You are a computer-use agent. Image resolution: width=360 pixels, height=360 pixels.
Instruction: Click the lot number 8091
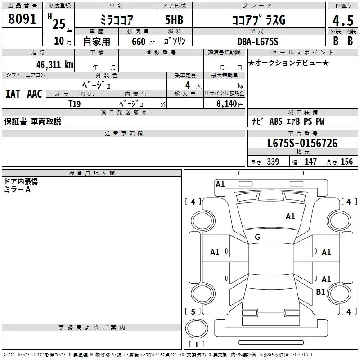point(22,19)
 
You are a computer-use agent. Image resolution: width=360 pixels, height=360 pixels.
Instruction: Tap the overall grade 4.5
point(343,20)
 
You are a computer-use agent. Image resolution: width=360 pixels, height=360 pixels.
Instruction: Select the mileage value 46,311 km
point(54,65)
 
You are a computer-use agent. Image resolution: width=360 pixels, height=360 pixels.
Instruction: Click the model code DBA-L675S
point(258,41)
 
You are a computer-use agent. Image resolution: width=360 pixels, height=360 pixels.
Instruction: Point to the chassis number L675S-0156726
point(302,143)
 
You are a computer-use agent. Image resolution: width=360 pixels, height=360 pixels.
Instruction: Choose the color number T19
point(75,104)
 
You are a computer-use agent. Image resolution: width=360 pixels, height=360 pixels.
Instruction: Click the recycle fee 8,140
point(226,104)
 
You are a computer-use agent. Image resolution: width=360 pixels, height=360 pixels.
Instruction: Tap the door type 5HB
point(174,20)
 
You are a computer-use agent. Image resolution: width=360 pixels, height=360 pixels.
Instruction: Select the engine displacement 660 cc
point(143,42)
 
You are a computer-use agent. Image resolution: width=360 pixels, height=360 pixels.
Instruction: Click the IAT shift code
point(13,94)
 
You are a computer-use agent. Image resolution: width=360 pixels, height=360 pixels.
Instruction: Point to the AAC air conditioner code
point(35,94)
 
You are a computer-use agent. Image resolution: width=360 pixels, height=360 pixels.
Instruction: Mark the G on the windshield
point(257,237)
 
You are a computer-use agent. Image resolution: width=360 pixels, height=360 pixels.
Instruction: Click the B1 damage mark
point(320,292)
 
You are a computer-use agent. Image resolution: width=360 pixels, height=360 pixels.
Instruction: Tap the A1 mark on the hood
point(290,216)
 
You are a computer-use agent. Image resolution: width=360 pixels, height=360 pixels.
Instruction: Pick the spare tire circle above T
point(197,328)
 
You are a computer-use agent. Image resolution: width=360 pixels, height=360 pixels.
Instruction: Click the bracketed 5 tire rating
point(193,311)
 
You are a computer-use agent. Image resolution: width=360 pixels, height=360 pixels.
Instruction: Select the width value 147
point(310,162)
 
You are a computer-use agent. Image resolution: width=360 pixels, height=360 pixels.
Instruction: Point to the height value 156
point(346,162)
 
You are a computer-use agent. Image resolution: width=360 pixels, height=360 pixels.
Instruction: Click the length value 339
point(273,162)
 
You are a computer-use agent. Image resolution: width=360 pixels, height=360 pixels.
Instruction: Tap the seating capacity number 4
point(188,85)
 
